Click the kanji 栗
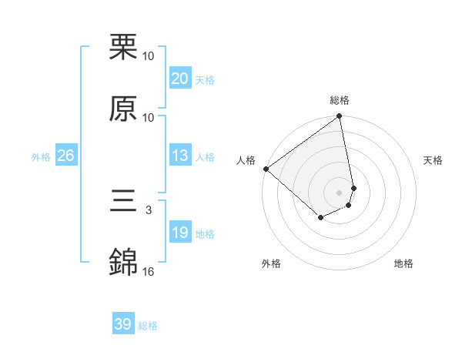(123, 47)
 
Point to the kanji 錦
(123, 263)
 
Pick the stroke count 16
(149, 271)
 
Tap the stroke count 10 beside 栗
(149, 55)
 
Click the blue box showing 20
(179, 79)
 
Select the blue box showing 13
(179, 156)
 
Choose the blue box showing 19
(179, 233)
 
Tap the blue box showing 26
(65, 156)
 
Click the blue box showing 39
(122, 324)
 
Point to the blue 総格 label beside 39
(148, 326)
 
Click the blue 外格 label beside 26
(41, 157)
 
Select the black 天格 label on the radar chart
(433, 160)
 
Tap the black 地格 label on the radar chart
(403, 263)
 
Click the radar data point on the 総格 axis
(339, 117)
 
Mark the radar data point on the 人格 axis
(266, 169)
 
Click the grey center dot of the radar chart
(339, 193)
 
